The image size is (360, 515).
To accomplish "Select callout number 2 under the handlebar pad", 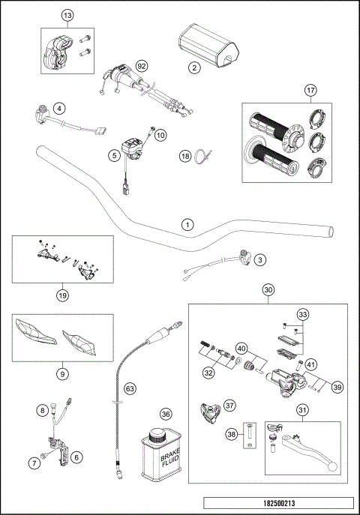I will tap(194, 68).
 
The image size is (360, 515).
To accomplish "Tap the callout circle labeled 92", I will tap(140, 66).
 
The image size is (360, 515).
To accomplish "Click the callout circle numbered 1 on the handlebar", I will tap(188, 223).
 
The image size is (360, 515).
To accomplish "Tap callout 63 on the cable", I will tap(130, 388).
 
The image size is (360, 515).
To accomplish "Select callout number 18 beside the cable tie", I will tap(185, 156).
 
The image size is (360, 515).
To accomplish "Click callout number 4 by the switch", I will tap(59, 108).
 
